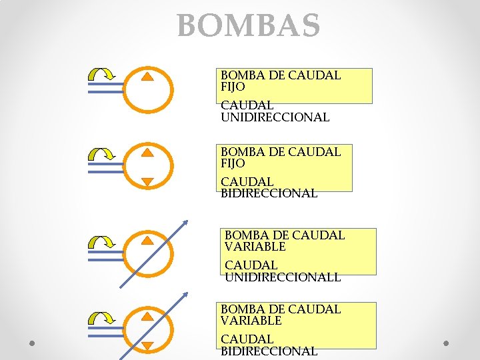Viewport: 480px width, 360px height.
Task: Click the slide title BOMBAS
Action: [249, 27]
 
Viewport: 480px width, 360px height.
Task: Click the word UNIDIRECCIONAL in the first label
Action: [275, 117]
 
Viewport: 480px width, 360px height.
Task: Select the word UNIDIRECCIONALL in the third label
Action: [283, 277]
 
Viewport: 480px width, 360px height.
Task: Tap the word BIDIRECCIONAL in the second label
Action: [269, 193]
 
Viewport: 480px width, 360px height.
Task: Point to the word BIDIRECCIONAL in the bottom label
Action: [269, 351]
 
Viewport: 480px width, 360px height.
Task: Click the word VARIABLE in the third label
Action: [255, 247]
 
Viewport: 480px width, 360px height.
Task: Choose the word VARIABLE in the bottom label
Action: [251, 321]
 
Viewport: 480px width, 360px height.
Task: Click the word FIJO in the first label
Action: [233, 87]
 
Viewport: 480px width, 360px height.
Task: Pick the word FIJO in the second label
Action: [233, 163]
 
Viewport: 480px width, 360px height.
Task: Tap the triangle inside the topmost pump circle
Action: [148, 76]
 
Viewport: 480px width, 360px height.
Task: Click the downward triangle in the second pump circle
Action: [148, 182]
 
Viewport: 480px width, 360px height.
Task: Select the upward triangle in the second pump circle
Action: [148, 152]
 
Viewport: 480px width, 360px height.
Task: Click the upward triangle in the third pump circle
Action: [148, 241]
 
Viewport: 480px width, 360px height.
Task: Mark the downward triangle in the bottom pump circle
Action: [148, 346]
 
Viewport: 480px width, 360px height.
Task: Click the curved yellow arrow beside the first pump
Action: [103, 75]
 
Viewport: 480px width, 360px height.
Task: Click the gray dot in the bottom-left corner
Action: [32, 343]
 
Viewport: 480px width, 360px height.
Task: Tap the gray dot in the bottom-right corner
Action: [447, 343]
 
